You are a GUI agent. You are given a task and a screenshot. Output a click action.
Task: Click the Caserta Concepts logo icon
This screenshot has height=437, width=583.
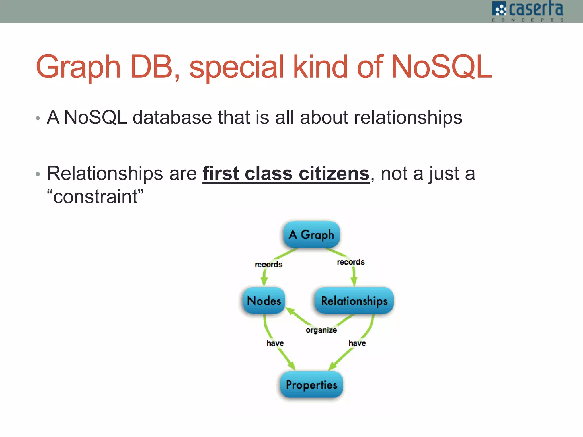[x=499, y=9]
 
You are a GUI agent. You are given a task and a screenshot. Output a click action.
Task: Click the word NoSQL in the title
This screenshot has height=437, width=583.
[x=441, y=67]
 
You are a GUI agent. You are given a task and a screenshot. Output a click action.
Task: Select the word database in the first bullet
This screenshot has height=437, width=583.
[x=172, y=117]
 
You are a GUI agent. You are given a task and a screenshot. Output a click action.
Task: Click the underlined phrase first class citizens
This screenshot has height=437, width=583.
[x=286, y=174]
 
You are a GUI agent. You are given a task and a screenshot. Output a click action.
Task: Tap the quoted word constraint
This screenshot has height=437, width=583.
[x=95, y=197]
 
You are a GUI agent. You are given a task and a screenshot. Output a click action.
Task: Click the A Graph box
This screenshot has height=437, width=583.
[x=311, y=234]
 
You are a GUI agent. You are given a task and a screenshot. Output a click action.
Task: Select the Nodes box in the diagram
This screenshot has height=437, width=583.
[x=264, y=301]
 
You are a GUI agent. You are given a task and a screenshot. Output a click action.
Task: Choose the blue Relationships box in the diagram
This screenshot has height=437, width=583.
[x=354, y=301]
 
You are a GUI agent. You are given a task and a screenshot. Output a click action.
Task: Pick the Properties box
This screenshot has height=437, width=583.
[x=311, y=385]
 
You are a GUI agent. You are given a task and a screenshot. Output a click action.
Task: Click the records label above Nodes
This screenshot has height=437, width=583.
[x=268, y=265]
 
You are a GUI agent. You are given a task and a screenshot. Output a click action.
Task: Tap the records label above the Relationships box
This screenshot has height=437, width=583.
[x=351, y=262]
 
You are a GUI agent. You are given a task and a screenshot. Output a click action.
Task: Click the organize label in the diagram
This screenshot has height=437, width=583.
[x=321, y=330]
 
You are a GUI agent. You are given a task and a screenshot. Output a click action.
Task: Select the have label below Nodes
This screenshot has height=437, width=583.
[x=275, y=343]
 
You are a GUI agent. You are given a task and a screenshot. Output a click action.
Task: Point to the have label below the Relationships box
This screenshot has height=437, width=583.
[x=357, y=343]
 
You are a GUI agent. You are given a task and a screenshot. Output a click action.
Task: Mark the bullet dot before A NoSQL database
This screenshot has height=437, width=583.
[x=38, y=118]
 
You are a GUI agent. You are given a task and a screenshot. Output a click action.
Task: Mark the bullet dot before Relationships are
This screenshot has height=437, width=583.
[x=38, y=174]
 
